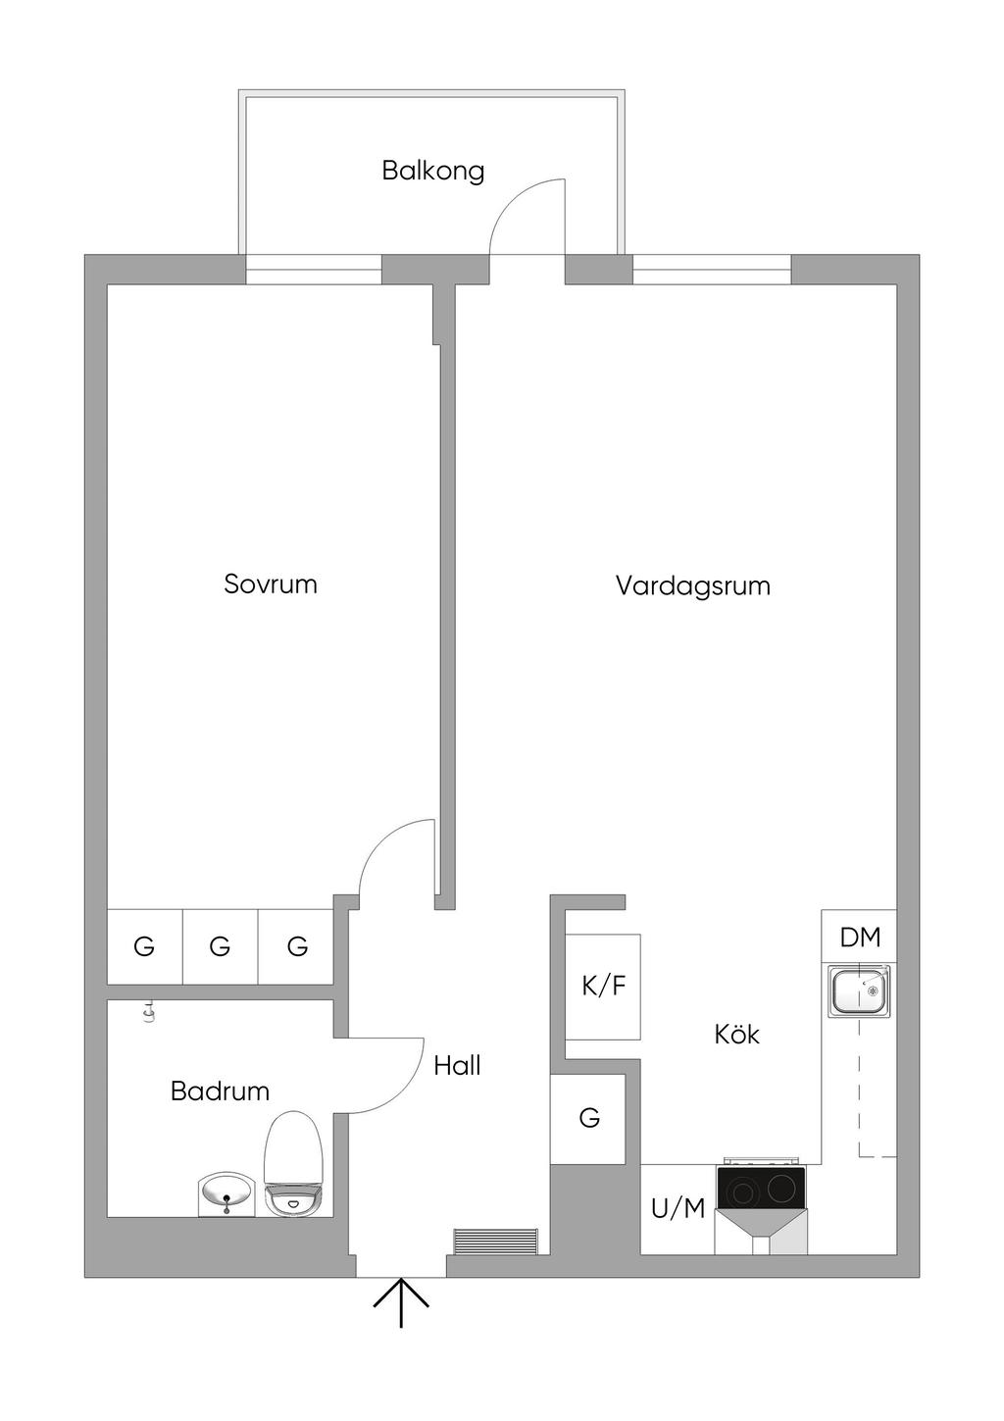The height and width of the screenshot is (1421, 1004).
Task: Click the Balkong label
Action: (432, 171)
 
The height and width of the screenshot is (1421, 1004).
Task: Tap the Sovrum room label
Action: (271, 584)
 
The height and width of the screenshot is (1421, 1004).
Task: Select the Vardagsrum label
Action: (692, 586)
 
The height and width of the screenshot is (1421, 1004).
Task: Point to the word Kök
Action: (736, 1035)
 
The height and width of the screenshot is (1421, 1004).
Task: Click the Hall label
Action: (457, 1066)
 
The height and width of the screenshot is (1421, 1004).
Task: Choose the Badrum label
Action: (220, 1091)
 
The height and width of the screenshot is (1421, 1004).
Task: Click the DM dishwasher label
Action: (860, 938)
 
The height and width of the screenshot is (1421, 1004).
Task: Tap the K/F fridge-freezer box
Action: (603, 987)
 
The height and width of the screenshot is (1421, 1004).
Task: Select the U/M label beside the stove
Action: (678, 1209)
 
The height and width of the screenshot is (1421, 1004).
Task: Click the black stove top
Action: (762, 1189)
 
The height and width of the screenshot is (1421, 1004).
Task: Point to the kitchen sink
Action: (859, 990)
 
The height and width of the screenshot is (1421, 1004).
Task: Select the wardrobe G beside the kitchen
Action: (588, 1118)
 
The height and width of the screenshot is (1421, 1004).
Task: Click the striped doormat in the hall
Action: (496, 1241)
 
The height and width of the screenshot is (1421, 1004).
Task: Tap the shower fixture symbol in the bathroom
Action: (149, 1011)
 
